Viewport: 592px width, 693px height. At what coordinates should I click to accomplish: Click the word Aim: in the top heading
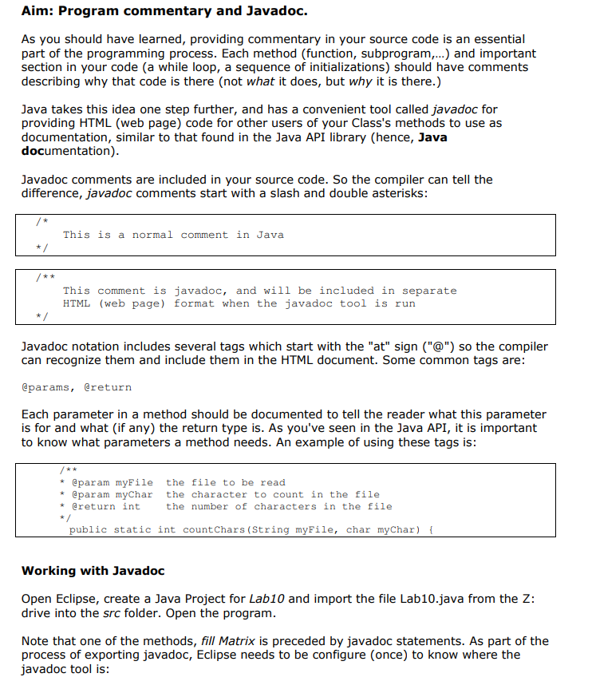coord(38,11)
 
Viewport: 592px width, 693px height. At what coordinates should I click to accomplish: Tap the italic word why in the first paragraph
coord(361,81)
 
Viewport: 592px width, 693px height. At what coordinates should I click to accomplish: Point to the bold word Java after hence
coord(432,137)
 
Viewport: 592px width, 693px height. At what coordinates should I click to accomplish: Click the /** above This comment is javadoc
coord(45,277)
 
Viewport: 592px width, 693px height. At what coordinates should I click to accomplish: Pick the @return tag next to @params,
coord(108,387)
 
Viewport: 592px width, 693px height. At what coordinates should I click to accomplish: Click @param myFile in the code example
coord(112,482)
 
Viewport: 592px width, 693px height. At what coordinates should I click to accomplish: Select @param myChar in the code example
coord(112,494)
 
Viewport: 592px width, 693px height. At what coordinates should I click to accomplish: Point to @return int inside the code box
coord(105,506)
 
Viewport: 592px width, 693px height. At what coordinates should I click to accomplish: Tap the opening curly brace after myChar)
coord(431,529)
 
